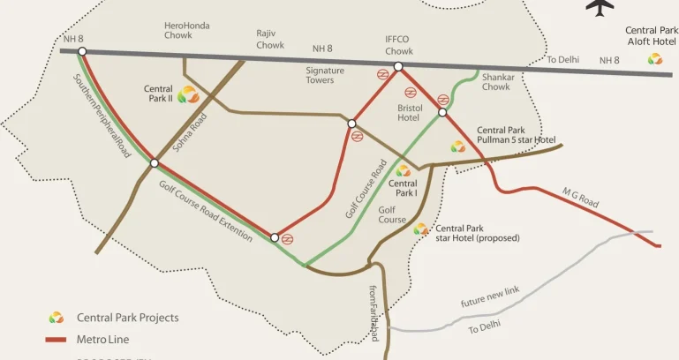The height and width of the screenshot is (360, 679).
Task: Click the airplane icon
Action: (x=600, y=6)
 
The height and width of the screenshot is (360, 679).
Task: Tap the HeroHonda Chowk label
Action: (x=187, y=31)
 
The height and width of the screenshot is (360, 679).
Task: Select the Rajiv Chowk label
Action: (x=270, y=39)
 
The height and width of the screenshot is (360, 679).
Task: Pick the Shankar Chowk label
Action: (x=496, y=82)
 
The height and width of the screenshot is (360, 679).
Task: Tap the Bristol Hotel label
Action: (x=409, y=112)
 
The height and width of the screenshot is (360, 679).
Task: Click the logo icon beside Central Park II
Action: (x=188, y=94)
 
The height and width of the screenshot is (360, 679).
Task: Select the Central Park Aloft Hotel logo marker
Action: (x=654, y=59)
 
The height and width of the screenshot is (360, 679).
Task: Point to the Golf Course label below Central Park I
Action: (x=392, y=214)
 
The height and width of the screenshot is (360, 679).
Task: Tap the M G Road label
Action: (x=580, y=198)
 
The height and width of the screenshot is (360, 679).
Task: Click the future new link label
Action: (x=490, y=297)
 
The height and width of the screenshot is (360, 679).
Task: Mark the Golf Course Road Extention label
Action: (x=206, y=212)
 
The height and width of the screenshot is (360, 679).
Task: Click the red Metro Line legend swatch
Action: (x=57, y=338)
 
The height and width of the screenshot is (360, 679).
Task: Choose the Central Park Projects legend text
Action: (x=127, y=318)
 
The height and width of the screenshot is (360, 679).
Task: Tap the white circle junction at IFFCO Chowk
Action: (x=398, y=66)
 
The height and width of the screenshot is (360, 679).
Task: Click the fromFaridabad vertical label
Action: (x=373, y=312)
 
